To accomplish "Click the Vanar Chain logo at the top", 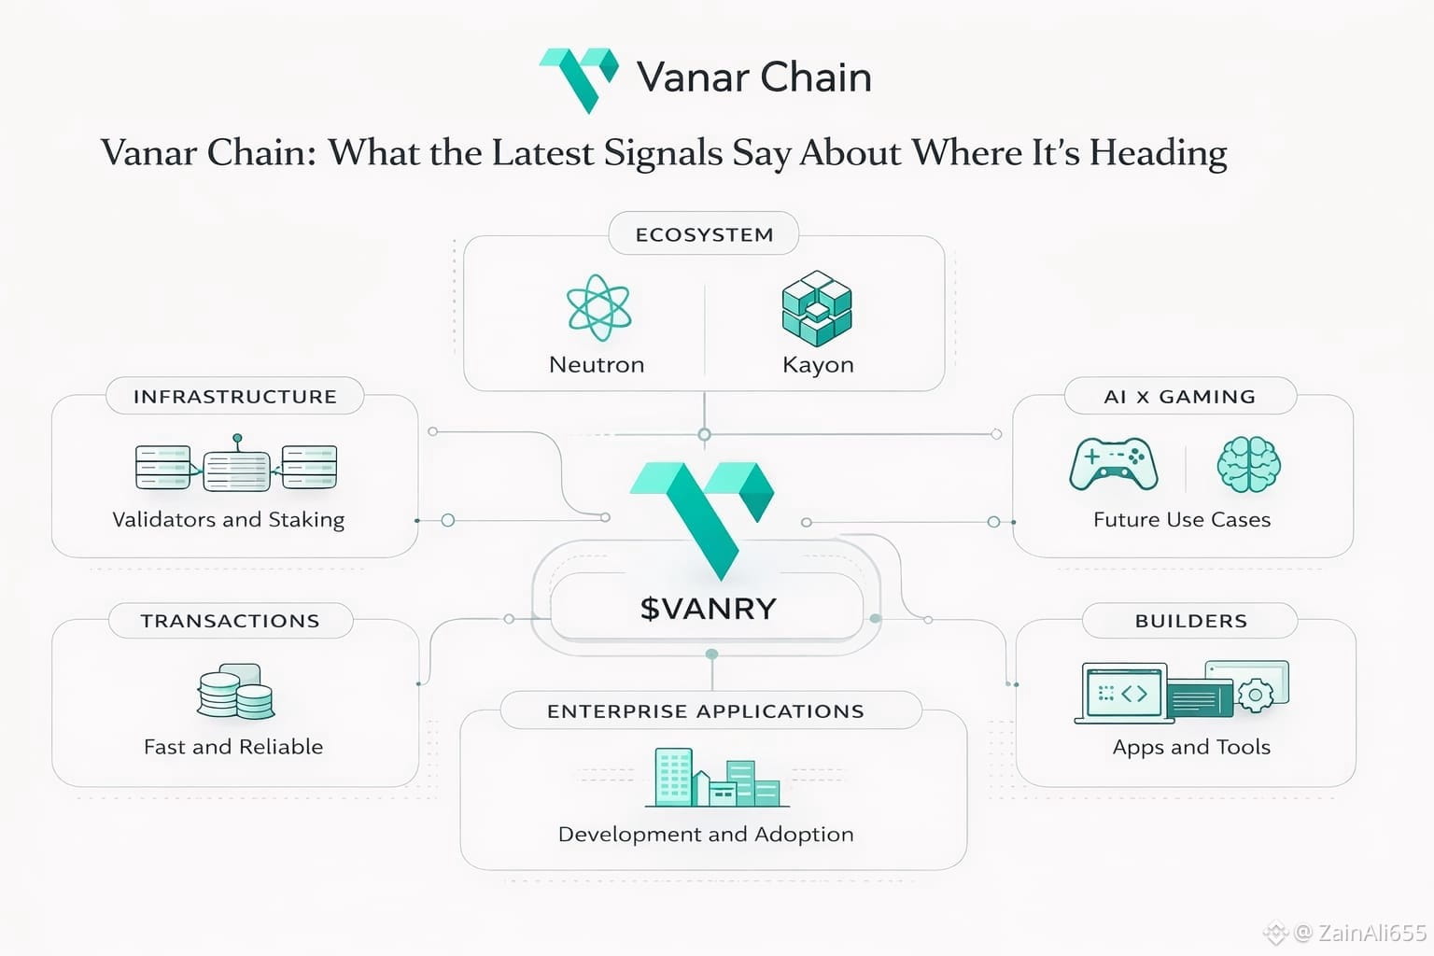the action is pyautogui.click(x=579, y=78).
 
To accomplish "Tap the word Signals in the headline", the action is pyautogui.click(x=663, y=152).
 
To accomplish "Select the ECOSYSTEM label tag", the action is pyautogui.click(x=704, y=234).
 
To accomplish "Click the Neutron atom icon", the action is pyautogui.click(x=598, y=307).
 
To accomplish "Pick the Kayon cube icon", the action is pyautogui.click(x=817, y=307).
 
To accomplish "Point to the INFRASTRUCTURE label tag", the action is pyautogui.click(x=234, y=396).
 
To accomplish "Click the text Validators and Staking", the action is pyautogui.click(x=228, y=519).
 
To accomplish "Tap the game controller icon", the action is pyautogui.click(x=1114, y=464).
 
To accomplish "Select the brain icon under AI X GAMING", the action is pyautogui.click(x=1248, y=464).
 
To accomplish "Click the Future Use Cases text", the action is pyautogui.click(x=1182, y=519).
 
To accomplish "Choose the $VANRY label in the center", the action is pyautogui.click(x=708, y=609).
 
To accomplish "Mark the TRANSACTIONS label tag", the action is pyautogui.click(x=230, y=621).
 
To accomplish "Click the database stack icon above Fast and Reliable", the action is pyautogui.click(x=235, y=692).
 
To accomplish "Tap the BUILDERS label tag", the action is pyautogui.click(x=1190, y=621).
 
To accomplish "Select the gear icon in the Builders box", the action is pyautogui.click(x=1255, y=696).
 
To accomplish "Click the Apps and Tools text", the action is pyautogui.click(x=1191, y=747).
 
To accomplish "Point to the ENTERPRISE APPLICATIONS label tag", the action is pyautogui.click(x=706, y=711).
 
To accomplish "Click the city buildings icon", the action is pyautogui.click(x=715, y=778).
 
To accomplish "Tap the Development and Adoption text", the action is pyautogui.click(x=706, y=834).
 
